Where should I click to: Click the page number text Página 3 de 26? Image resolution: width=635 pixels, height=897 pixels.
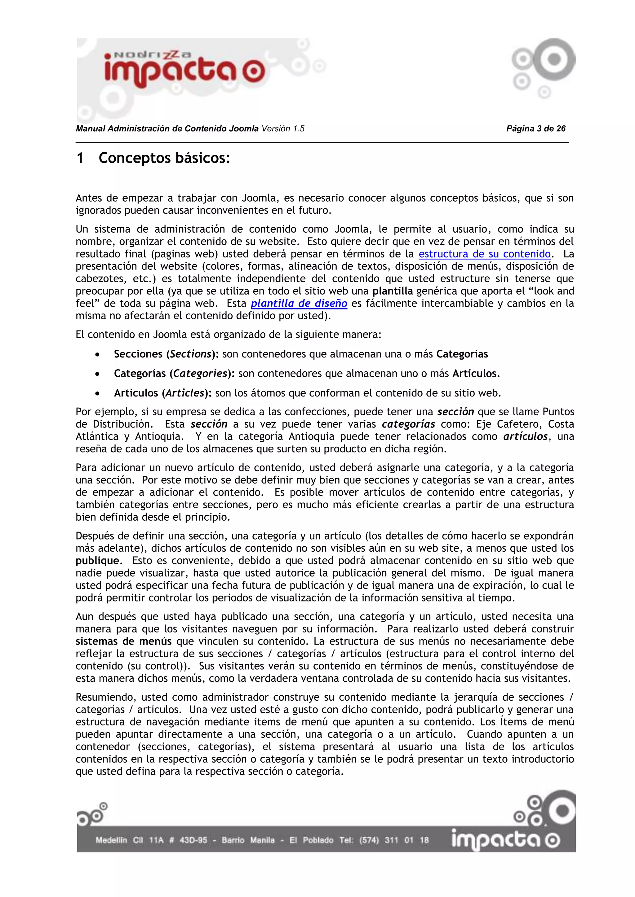click(536, 129)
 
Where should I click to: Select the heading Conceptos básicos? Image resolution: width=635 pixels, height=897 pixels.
click(164, 158)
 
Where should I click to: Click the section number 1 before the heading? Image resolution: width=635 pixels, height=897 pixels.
click(80, 158)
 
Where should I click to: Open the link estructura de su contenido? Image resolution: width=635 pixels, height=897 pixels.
click(484, 254)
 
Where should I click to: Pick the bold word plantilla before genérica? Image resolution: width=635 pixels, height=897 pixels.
click(392, 291)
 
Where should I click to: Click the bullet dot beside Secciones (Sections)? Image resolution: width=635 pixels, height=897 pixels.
click(97, 354)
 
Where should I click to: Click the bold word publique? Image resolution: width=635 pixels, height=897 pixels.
click(97, 561)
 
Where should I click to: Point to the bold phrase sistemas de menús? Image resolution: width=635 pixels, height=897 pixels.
click(124, 641)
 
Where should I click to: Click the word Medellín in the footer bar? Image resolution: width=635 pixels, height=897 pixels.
click(111, 840)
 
